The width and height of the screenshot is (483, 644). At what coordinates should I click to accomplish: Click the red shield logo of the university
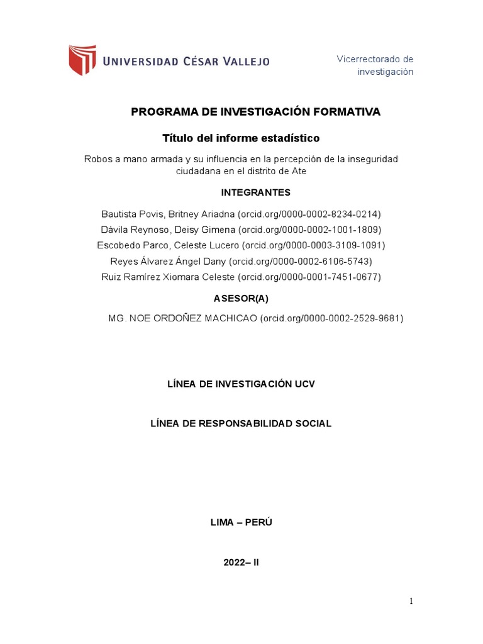click(x=82, y=60)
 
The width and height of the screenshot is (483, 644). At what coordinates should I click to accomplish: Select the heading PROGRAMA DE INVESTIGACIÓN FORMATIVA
click(x=255, y=112)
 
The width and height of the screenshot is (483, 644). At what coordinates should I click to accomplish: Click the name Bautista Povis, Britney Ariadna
click(x=168, y=214)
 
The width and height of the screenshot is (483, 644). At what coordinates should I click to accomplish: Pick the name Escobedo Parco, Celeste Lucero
click(x=168, y=245)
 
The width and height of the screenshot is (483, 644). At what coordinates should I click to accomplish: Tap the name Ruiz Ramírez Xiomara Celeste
click(x=168, y=277)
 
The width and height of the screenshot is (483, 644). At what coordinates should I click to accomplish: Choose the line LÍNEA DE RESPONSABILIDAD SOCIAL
click(x=241, y=423)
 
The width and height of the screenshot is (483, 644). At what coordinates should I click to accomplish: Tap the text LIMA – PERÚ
click(x=241, y=523)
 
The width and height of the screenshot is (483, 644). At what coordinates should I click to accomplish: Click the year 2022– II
click(x=241, y=563)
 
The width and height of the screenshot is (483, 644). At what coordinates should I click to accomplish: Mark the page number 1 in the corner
click(x=411, y=601)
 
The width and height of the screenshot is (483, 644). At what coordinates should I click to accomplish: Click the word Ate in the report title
click(x=299, y=171)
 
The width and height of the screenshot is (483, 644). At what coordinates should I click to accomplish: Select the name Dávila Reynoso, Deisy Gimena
click(x=168, y=230)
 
